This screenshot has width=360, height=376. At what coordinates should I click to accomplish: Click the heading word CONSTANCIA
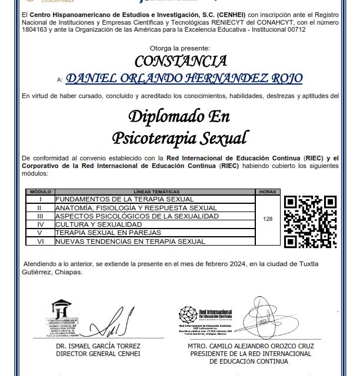point(180,61)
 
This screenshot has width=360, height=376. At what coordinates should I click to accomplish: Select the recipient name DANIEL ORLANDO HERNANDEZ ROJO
point(184,78)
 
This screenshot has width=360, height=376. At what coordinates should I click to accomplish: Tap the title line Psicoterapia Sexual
point(180,137)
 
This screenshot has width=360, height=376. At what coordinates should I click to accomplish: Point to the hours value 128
point(268,219)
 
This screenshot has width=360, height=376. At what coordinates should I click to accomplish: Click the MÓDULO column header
point(39,192)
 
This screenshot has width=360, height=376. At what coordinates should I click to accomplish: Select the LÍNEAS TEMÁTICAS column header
point(154,192)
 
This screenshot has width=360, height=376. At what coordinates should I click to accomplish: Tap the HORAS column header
point(268,192)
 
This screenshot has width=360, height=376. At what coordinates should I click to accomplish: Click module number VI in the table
point(39,241)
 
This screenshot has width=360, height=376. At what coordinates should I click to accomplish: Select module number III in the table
point(39,216)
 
